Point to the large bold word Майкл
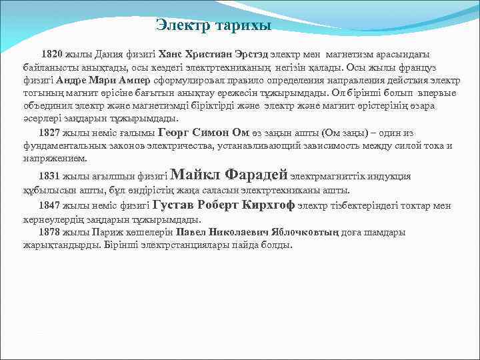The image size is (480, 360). (196, 175)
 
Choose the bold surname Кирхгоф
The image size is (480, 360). (269, 205)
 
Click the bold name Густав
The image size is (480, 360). (175, 205)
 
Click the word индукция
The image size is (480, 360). (391, 177)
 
